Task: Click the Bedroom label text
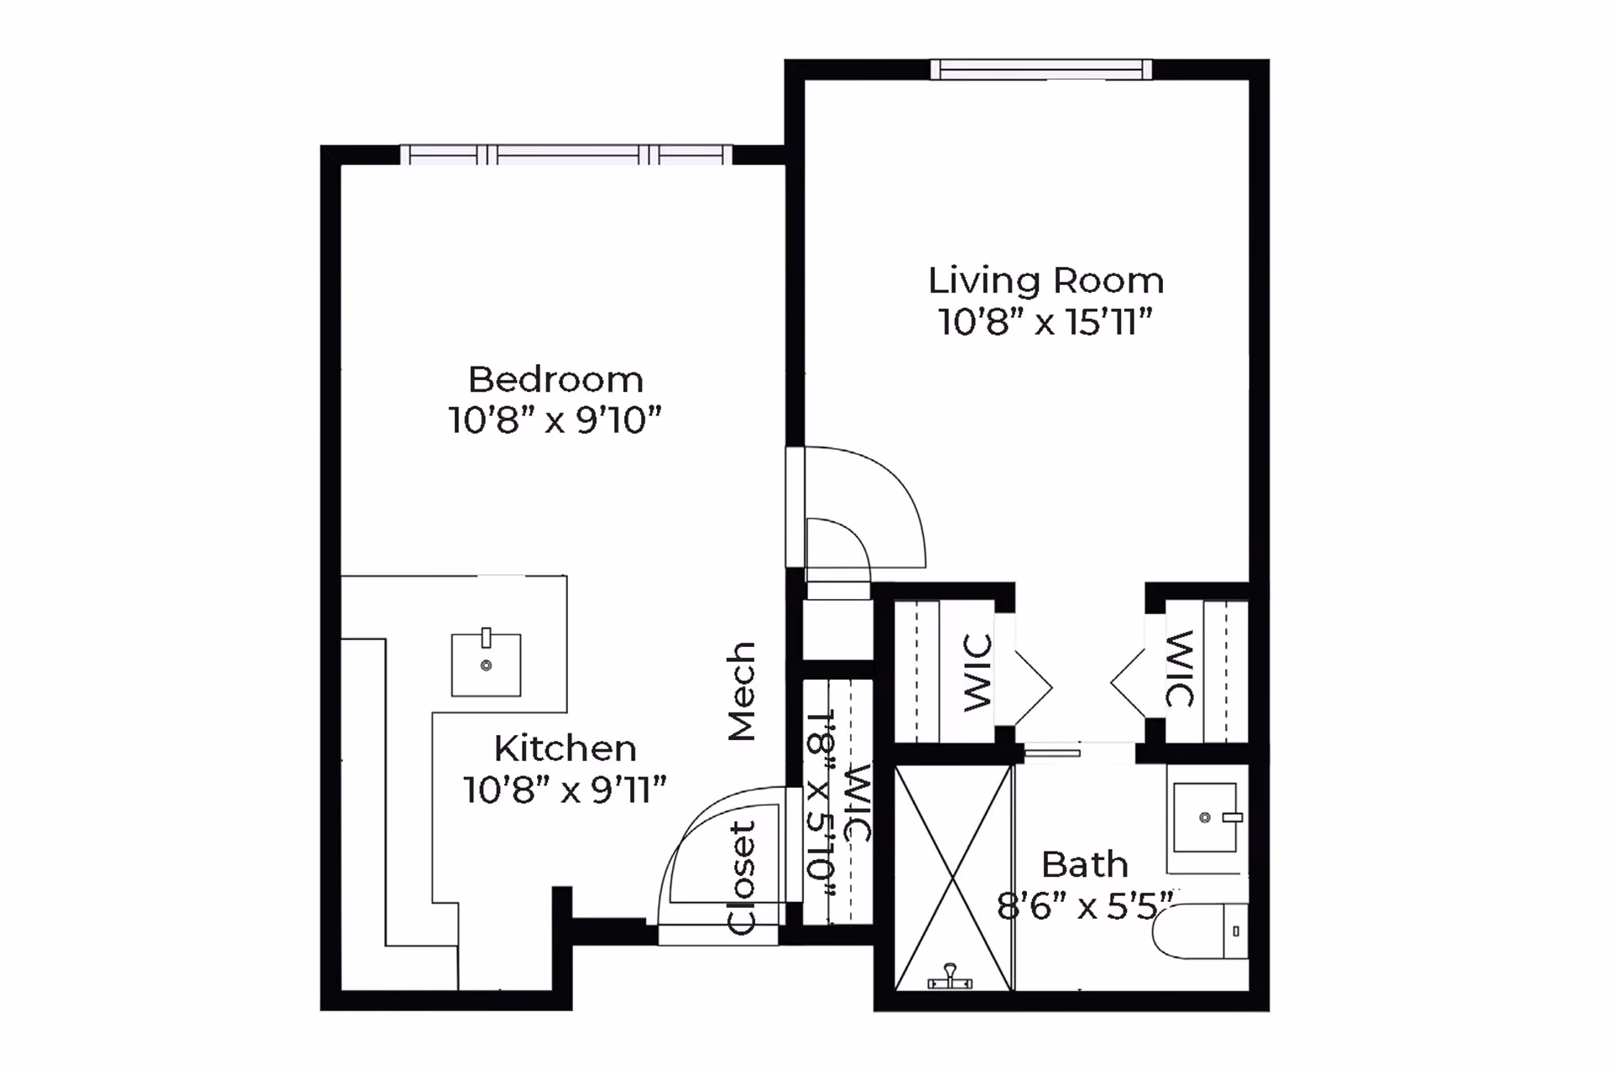555,379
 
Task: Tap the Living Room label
1046,280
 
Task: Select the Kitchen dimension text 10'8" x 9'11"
565,790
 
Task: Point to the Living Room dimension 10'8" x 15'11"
1045,321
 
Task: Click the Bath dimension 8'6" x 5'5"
1085,905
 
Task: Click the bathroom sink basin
1205,817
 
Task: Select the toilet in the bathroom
1200,931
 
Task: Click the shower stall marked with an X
954,878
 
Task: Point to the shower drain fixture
950,978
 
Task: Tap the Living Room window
1041,69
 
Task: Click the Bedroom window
566,154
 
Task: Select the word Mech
742,691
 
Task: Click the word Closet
742,878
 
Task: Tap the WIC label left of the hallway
978,673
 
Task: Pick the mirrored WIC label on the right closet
1180,669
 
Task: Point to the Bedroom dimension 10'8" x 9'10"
555,420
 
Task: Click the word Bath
1085,864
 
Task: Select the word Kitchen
565,748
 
